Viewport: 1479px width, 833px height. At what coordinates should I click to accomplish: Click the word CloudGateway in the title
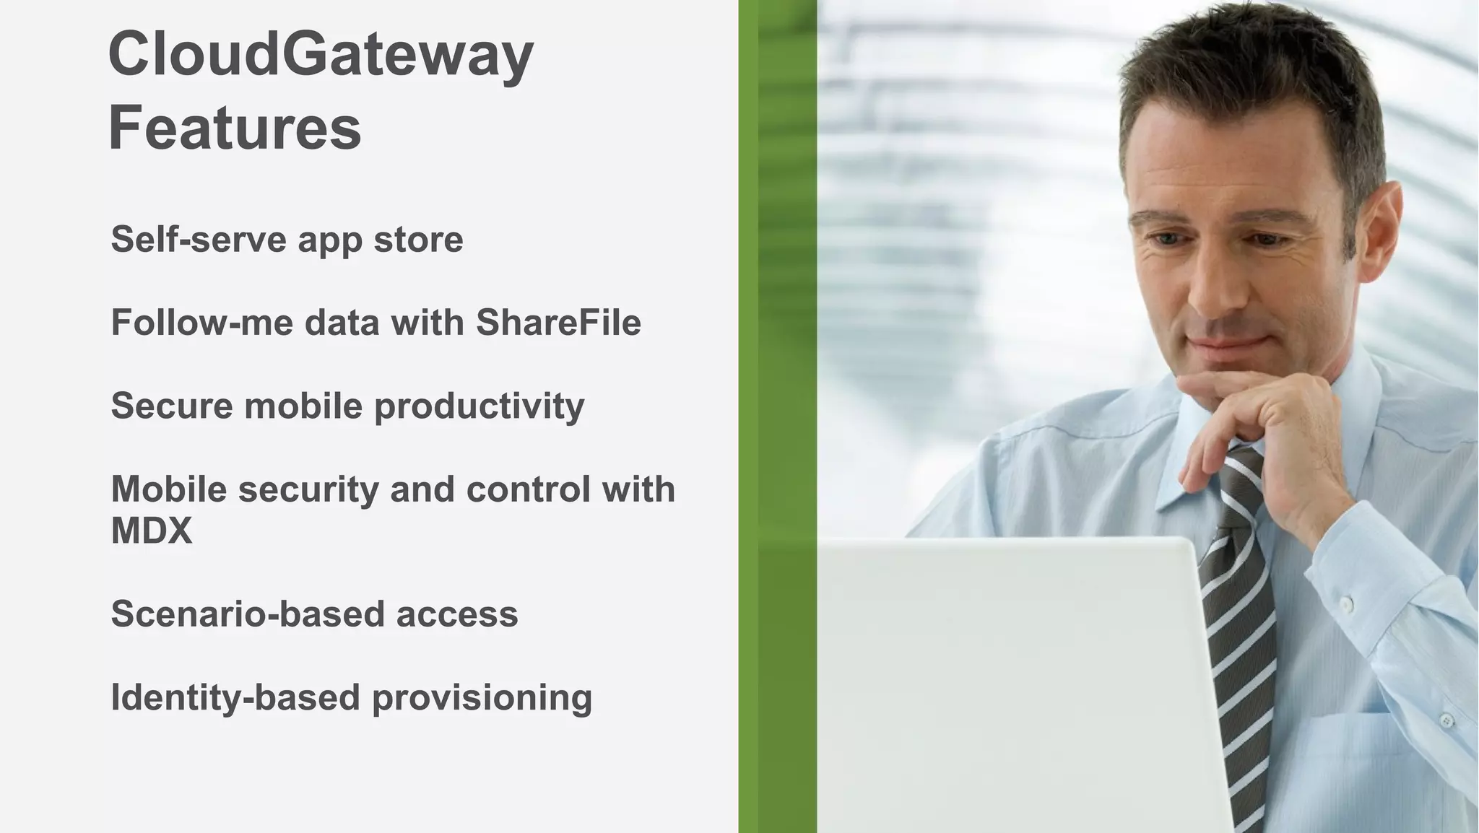point(320,56)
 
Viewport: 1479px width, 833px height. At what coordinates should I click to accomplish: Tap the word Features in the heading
point(235,128)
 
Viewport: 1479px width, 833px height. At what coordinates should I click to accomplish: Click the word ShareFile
point(558,322)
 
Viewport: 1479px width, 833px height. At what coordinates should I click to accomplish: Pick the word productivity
point(479,406)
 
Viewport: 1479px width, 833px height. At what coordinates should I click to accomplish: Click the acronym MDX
point(152,531)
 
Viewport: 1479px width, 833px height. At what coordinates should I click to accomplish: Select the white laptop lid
point(1011,686)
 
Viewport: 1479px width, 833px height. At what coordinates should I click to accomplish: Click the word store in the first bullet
point(418,239)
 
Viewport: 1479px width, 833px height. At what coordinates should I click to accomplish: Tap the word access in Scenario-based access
point(456,614)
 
